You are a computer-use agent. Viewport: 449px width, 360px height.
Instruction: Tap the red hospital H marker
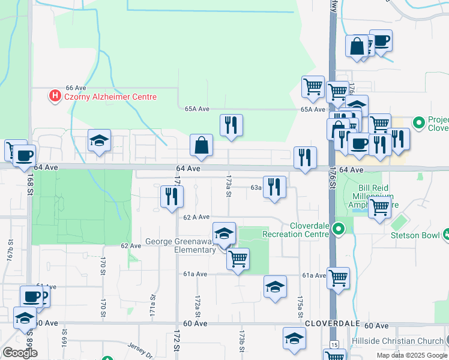pos(55,95)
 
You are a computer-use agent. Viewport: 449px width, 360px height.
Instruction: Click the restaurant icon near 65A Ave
pos(231,125)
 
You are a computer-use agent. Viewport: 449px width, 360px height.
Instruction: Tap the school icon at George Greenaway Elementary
pos(224,233)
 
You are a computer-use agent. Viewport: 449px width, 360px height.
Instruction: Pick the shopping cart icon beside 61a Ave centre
pos(238,259)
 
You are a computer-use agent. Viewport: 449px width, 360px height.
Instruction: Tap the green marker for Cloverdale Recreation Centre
pos(339,229)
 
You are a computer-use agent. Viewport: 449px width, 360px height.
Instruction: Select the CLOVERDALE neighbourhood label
pos(332,323)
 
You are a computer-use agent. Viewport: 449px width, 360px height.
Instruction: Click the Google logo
pos(20,353)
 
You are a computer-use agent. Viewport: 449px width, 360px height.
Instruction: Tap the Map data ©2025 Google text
pos(411,355)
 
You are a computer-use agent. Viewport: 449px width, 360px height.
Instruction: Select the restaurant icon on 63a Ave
pos(274,187)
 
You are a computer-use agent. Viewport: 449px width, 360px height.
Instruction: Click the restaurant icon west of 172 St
pos(172,196)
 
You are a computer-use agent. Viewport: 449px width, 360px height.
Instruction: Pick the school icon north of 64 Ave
pos(99,141)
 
